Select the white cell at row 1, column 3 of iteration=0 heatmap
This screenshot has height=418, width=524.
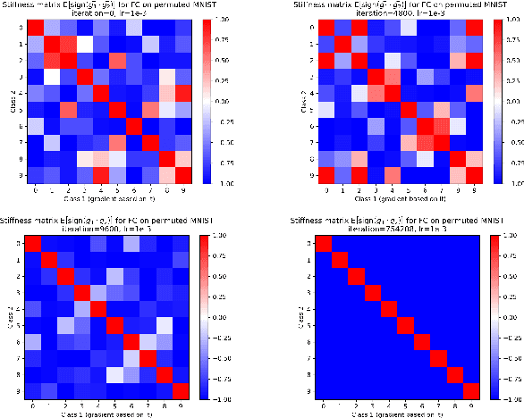[x=85, y=43]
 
